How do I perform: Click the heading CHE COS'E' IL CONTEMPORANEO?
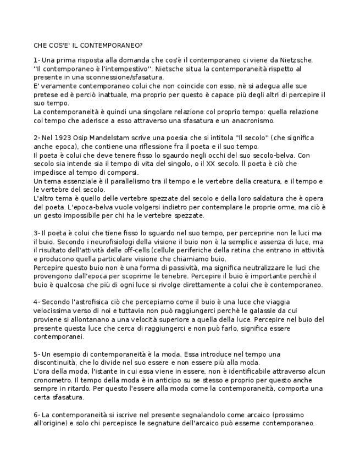[x=88, y=45]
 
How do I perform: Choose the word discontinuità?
[x=57, y=362]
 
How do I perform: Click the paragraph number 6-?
[x=37, y=414]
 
